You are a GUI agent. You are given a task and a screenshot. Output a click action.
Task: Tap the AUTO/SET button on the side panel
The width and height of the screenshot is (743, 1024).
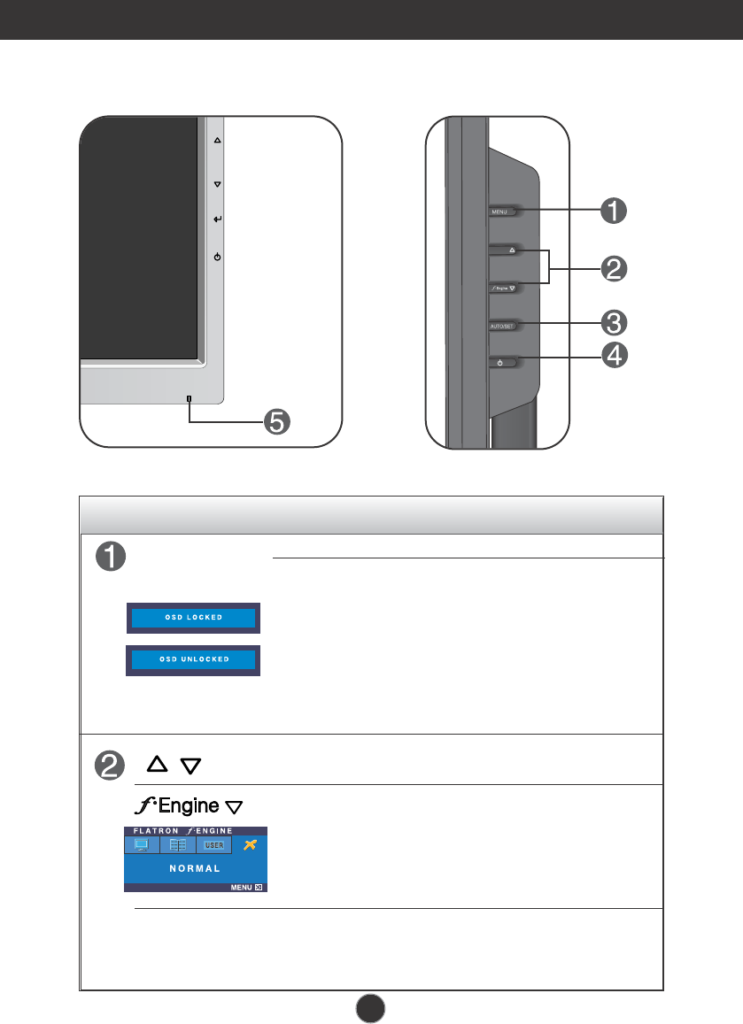[501, 326]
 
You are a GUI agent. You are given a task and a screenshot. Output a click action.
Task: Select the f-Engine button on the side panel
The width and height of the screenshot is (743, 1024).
[502, 288]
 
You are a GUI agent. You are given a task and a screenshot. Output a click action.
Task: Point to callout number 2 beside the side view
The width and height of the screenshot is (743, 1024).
[615, 268]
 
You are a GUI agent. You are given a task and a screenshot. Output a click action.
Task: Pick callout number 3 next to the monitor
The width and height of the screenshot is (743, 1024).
[615, 320]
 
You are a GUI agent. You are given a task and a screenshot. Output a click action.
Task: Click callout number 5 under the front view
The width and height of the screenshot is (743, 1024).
[277, 422]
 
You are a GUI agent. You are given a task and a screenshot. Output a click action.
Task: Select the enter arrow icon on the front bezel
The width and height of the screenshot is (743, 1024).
[218, 219]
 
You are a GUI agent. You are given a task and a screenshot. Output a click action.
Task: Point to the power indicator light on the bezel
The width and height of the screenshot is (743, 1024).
[189, 398]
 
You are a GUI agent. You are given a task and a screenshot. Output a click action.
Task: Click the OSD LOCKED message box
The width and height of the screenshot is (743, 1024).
[193, 617]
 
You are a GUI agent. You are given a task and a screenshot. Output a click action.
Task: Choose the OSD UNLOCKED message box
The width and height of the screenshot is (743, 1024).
[193, 659]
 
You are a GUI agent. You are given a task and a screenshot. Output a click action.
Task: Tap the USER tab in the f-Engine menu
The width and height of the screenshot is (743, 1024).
[214, 845]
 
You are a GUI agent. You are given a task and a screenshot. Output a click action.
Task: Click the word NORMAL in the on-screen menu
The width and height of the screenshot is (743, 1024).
[196, 869]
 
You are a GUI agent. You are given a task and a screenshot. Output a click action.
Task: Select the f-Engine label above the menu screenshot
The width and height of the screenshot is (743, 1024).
[187, 806]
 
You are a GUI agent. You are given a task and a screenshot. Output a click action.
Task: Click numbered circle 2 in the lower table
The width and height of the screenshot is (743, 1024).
[108, 766]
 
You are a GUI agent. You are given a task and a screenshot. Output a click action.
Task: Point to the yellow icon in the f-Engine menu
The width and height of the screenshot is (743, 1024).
[251, 844]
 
